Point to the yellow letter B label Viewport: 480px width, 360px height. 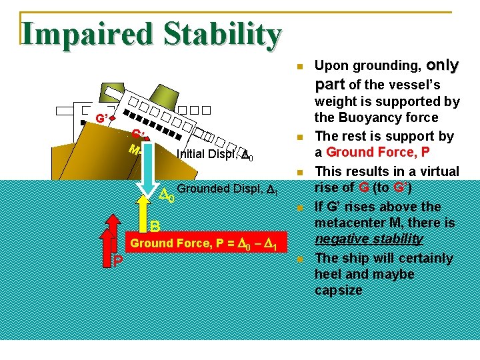pos(154,226)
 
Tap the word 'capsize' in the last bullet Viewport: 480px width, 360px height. pos(339,291)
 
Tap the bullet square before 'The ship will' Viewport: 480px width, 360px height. pos(300,259)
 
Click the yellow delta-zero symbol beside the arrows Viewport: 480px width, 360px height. pos(168,196)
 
